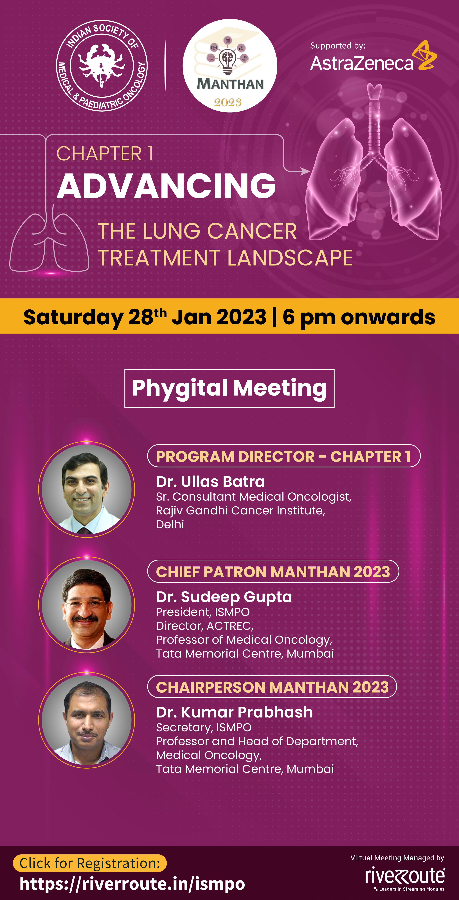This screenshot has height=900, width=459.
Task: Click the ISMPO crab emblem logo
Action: pos(102,65)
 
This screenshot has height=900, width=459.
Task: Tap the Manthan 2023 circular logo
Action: pos(230,66)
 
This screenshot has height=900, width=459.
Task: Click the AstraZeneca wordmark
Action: pos(362,63)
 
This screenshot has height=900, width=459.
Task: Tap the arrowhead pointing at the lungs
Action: pos(305,171)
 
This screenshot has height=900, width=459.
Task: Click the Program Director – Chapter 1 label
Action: pos(284,456)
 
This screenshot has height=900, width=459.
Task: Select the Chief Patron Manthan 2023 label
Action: pos(273,571)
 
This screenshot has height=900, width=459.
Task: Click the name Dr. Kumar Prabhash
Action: pos(234,712)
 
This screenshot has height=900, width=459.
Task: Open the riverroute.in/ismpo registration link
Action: pos(132,884)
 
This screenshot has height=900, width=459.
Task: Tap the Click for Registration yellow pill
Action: pos(90,863)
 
